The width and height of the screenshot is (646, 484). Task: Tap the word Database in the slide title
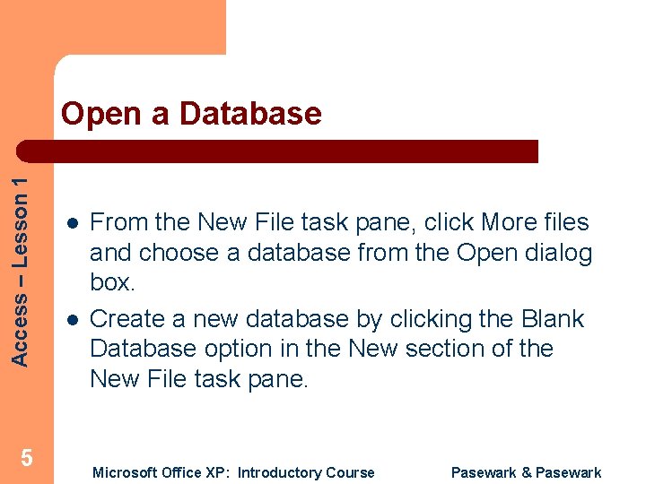(249, 114)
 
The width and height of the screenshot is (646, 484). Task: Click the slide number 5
(27, 459)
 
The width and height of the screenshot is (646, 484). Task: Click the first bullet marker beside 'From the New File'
(70, 223)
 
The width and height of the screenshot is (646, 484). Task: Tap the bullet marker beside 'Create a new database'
(70, 319)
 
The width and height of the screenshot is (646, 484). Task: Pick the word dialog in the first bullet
(561, 253)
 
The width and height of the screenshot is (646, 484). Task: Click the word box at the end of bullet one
(112, 282)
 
